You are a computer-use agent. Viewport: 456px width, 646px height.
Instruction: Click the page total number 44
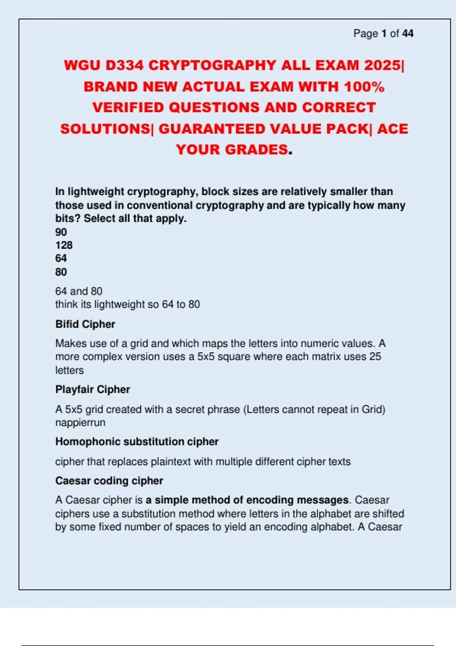pyautogui.click(x=408, y=33)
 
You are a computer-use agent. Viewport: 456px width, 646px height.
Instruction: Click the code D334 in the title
pyautogui.click(x=125, y=65)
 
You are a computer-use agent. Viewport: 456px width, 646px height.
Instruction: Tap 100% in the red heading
pyautogui.click(x=364, y=87)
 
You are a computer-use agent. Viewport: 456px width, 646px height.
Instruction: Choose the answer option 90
pyautogui.click(x=61, y=232)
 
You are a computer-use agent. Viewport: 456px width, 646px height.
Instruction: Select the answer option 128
pyautogui.click(x=64, y=245)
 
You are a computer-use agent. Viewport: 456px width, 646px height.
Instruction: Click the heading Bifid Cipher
pyautogui.click(x=85, y=324)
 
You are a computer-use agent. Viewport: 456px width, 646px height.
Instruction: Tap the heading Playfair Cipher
pyautogui.click(x=93, y=389)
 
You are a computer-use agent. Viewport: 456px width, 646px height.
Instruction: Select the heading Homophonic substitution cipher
pyautogui.click(x=137, y=442)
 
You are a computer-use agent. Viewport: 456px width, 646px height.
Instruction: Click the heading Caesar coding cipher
pyautogui.click(x=109, y=481)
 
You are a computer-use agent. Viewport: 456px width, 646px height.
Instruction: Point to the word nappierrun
pyautogui.click(x=80, y=423)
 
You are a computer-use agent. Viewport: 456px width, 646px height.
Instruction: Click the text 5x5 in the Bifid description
pyautogui.click(x=205, y=356)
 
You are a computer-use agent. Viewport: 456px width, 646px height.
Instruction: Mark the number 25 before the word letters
pyautogui.click(x=375, y=356)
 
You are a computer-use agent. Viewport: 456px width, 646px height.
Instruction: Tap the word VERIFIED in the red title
pyautogui.click(x=128, y=108)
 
